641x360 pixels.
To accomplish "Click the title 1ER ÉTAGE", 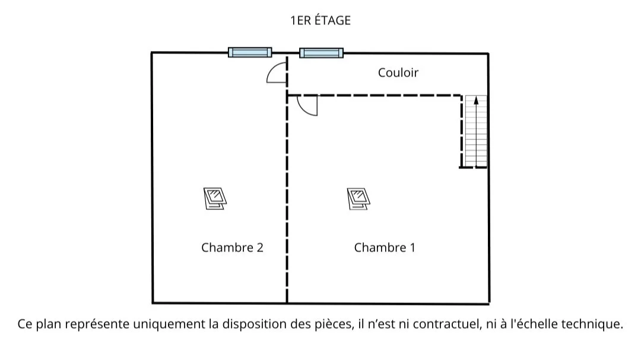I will (320, 21).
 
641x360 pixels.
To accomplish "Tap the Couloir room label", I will (398, 72).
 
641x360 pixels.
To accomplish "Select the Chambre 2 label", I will (232, 248).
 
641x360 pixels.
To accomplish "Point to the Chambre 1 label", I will (385, 248).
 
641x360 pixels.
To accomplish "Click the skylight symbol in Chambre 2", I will (215, 198).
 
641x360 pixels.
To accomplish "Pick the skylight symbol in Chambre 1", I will (359, 198).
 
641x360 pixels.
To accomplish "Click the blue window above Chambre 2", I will (250, 52).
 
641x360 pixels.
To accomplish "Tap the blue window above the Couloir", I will (321, 53).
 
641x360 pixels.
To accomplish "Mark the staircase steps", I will (476, 133).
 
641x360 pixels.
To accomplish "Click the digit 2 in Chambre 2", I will (259, 248).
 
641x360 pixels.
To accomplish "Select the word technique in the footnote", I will (596, 324).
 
